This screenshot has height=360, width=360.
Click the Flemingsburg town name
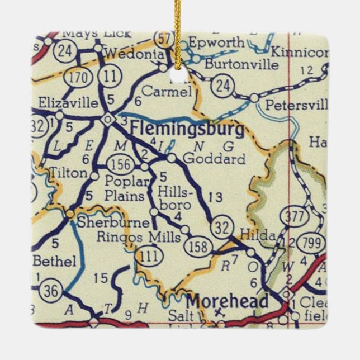(187, 130)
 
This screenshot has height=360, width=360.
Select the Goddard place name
(214, 159)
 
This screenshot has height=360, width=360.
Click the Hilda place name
(257, 235)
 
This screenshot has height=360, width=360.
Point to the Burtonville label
(241, 64)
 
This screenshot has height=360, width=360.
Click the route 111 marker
(146, 257)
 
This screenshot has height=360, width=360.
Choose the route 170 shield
(76, 77)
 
